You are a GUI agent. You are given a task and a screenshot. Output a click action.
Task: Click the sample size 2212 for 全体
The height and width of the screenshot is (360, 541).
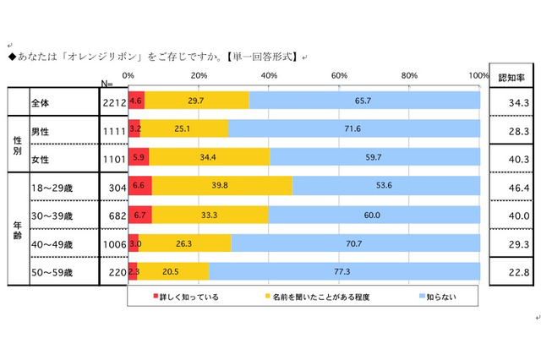click(x=112, y=102)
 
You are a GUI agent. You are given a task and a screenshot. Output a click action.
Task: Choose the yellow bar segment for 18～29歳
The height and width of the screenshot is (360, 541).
click(x=221, y=186)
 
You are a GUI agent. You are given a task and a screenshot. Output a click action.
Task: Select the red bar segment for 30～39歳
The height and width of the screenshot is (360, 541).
click(x=139, y=215)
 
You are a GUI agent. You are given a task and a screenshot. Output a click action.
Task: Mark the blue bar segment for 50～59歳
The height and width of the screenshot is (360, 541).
click(x=344, y=271)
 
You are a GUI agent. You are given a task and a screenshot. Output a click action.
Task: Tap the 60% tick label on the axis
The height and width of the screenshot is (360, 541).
click(x=340, y=77)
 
